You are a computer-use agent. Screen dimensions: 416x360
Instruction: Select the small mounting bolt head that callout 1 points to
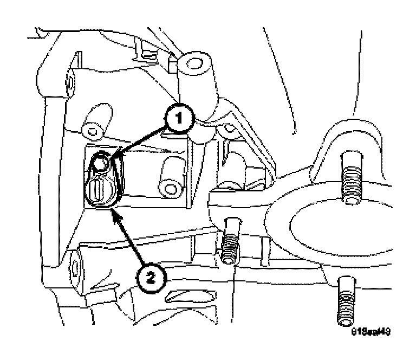point(101,163)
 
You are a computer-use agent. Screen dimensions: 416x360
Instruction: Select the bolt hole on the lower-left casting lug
point(74,268)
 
